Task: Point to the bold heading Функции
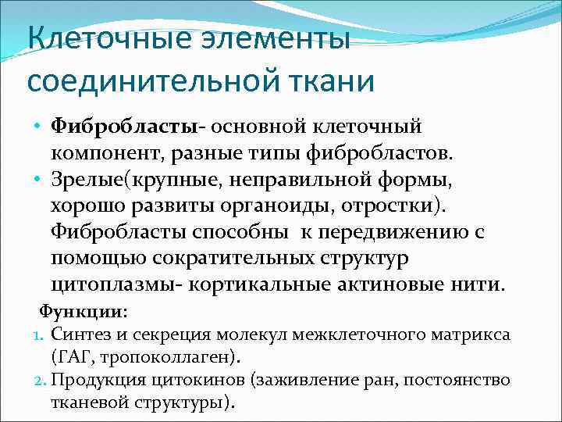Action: click(84, 311)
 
